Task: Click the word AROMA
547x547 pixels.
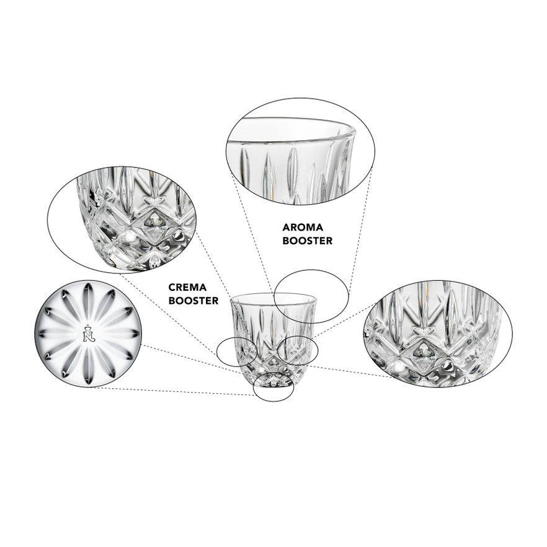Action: point(303,228)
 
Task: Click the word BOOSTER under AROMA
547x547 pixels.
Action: point(308,241)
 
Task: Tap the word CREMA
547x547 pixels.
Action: point(187,288)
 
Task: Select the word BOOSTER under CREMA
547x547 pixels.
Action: point(193,300)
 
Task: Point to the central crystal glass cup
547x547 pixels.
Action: point(273,339)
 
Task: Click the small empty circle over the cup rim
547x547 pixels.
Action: point(274,296)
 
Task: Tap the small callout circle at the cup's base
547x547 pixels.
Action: point(253,386)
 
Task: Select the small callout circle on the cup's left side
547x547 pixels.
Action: point(216,352)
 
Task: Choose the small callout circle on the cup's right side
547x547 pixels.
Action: point(278,350)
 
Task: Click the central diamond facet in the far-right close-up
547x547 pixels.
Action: point(424,358)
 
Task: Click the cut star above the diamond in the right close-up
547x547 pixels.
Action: point(424,331)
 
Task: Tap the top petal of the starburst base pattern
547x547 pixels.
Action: point(89,295)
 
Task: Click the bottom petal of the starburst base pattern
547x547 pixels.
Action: point(88,371)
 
